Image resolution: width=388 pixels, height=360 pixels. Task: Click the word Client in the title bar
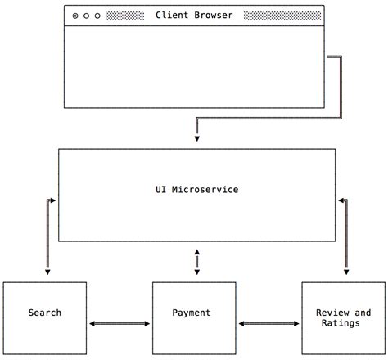pyautogui.click(x=172, y=16)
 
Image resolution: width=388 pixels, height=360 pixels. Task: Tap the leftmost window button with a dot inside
pyautogui.click(x=75, y=16)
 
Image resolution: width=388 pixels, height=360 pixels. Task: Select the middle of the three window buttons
pyautogui.click(x=87, y=16)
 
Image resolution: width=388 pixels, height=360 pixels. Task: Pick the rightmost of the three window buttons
pyautogui.click(x=98, y=16)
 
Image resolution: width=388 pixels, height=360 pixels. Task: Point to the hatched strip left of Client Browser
pyautogui.click(x=124, y=16)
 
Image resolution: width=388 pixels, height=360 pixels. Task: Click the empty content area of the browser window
pyautogui.click(x=194, y=65)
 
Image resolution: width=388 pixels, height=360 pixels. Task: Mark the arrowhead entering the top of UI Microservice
pyautogui.click(x=196, y=139)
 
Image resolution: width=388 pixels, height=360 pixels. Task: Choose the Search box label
pyautogui.click(x=44, y=313)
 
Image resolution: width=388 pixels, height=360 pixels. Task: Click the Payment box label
pyautogui.click(x=192, y=313)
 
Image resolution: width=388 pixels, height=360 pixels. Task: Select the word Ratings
pyautogui.click(x=343, y=323)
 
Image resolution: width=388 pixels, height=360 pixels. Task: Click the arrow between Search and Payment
pyautogui.click(x=119, y=324)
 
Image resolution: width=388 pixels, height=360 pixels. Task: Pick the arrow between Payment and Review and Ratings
pyautogui.click(x=268, y=324)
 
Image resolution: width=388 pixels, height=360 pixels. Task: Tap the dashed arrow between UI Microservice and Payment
pyautogui.click(x=196, y=262)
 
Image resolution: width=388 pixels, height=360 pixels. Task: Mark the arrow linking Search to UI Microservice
pyautogui.click(x=48, y=237)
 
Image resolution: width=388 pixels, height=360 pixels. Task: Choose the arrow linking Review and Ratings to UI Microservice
pyautogui.click(x=345, y=237)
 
